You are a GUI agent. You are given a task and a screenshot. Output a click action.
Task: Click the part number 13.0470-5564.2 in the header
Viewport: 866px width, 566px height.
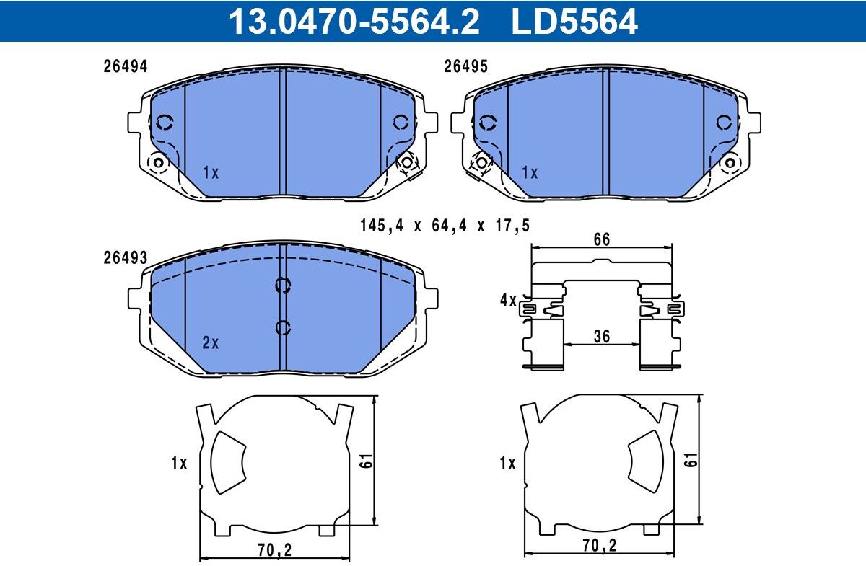354,22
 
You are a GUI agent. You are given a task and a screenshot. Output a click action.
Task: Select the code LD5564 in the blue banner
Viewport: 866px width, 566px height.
574,22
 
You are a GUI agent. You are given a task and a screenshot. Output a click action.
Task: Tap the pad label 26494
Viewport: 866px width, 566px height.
126,66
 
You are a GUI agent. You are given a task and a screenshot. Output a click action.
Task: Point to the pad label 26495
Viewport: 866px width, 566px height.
465,66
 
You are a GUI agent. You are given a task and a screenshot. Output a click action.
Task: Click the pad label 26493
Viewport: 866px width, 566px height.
126,257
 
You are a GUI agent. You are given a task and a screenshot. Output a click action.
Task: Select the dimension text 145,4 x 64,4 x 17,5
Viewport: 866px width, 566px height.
445,226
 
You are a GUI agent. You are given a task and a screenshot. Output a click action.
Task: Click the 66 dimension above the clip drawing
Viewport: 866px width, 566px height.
602,239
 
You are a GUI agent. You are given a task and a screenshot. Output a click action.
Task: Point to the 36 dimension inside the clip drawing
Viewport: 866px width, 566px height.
602,337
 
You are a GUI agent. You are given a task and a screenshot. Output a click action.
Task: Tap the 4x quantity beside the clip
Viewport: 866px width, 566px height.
508,300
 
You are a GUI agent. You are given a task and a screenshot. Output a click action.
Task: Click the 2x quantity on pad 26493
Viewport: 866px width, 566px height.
210,342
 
